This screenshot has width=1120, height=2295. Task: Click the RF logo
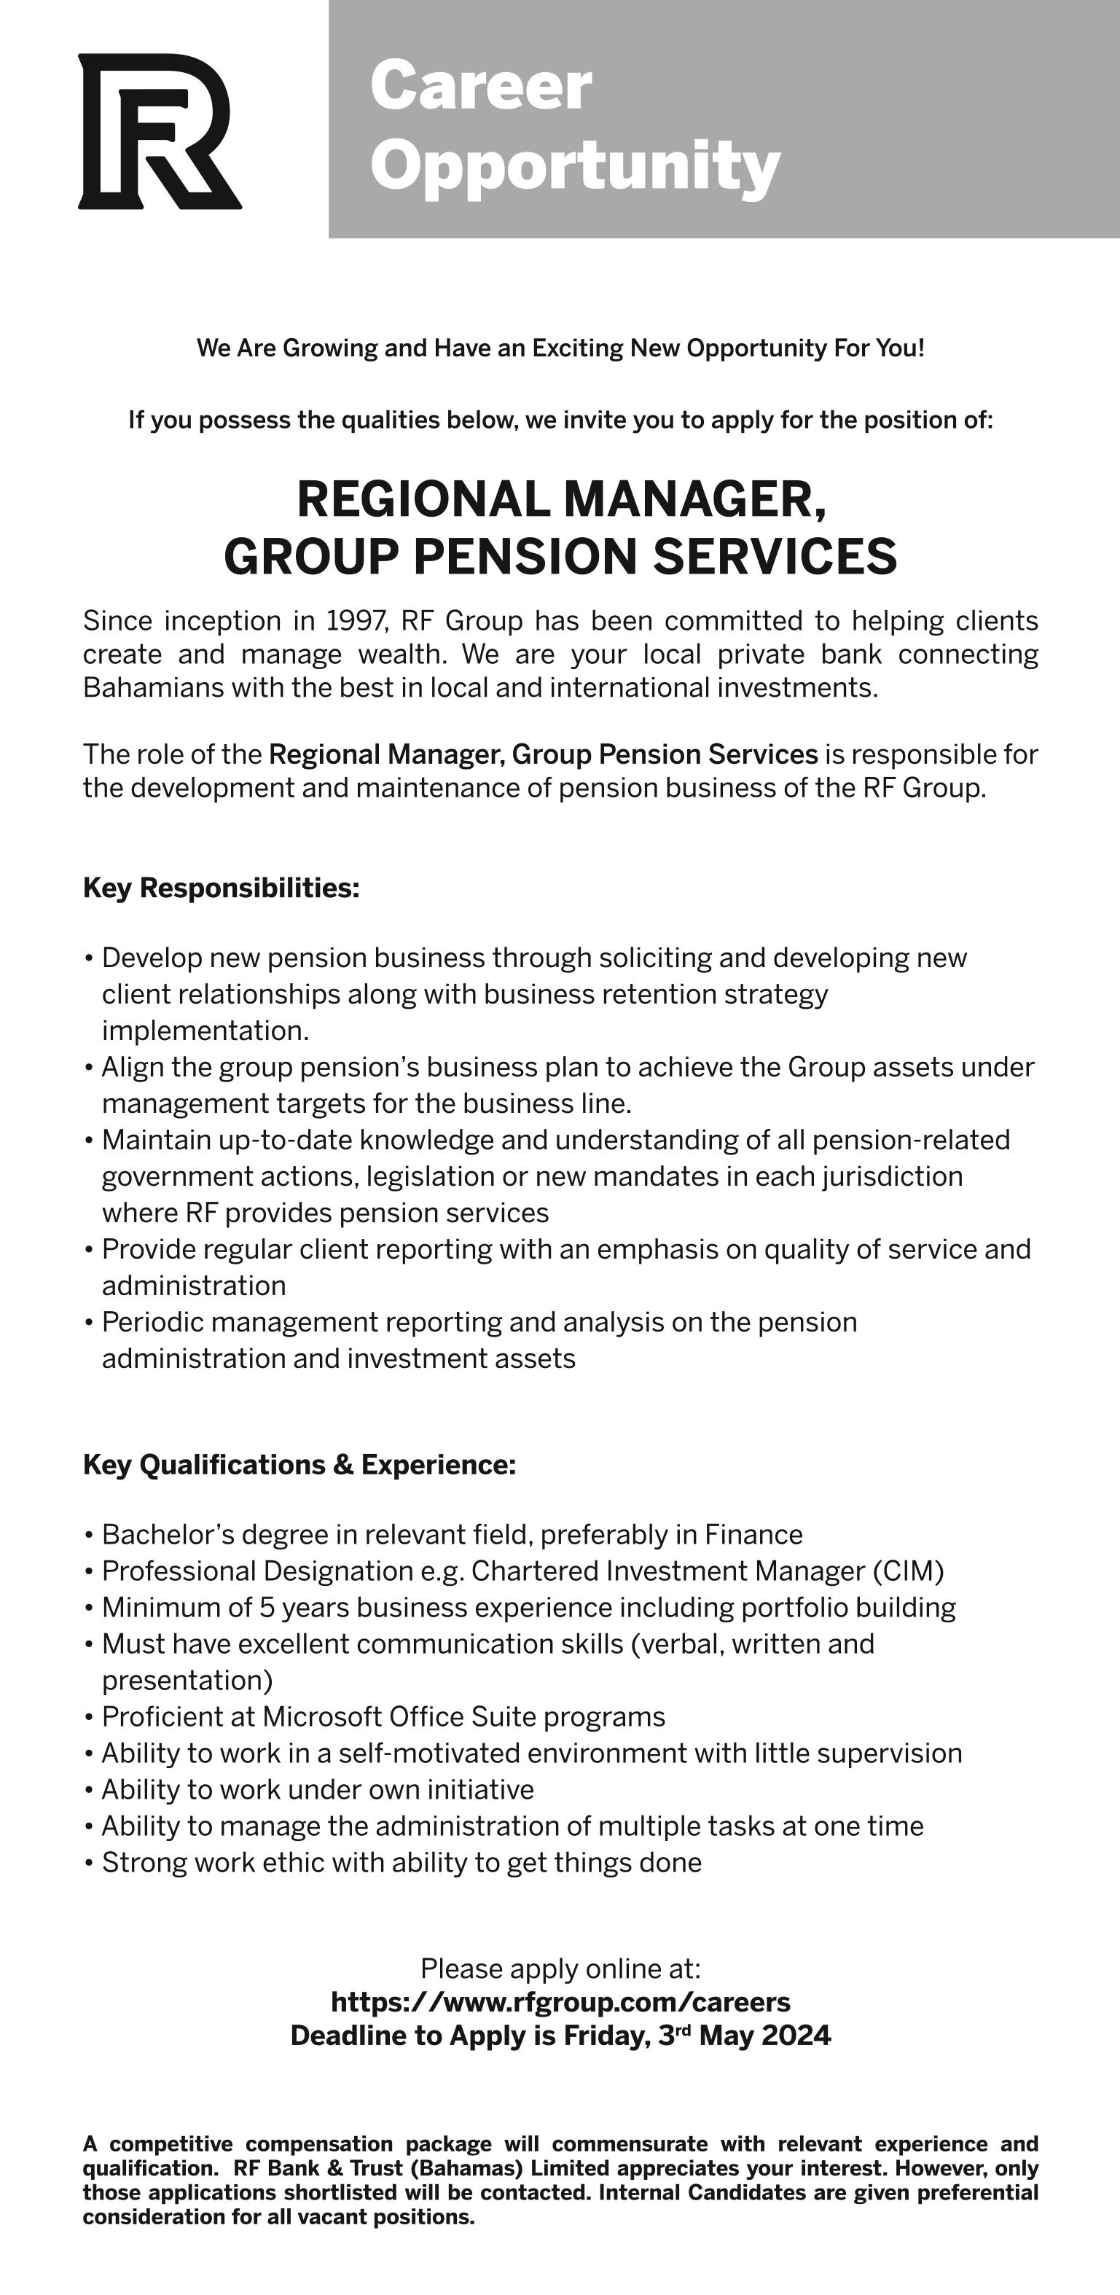[159, 132]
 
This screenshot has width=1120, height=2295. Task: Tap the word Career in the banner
[480, 87]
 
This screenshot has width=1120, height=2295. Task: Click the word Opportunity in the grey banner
[575, 165]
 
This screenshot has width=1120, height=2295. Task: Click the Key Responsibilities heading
[221, 888]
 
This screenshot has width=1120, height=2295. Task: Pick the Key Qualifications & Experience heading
[299, 1465]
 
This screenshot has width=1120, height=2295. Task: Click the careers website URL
[560, 2001]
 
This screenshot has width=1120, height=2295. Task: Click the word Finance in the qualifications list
[753, 1534]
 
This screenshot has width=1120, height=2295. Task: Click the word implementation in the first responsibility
[205, 1031]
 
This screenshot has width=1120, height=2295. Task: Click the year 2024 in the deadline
[796, 2036]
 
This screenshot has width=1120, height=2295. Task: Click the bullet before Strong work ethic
[89, 1863]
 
